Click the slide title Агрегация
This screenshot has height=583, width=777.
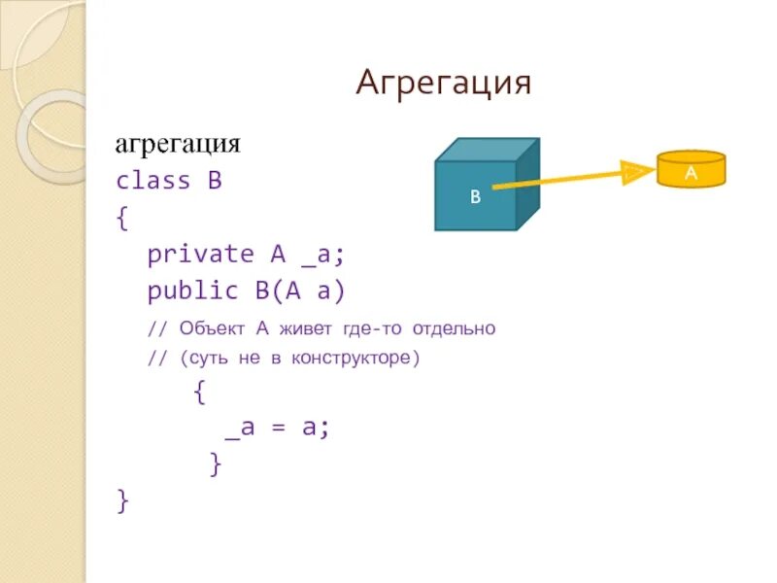[444, 83]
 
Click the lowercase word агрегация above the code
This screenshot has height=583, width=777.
[178, 145]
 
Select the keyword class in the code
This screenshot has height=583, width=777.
[152, 181]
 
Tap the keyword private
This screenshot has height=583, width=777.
[200, 254]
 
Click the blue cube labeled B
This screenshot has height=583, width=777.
[476, 194]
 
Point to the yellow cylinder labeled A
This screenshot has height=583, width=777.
[691, 171]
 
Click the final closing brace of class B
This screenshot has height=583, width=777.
[121, 500]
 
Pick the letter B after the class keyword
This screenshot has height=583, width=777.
[214, 181]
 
